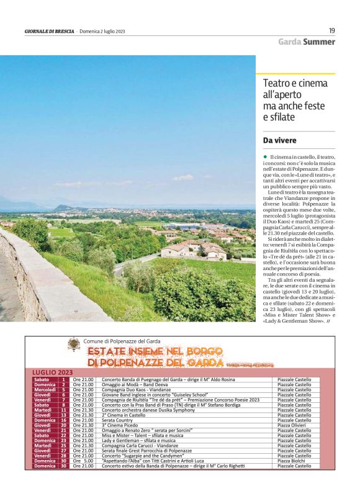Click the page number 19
332,30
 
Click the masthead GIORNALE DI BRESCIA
49,31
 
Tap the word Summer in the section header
319,42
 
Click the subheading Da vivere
281,140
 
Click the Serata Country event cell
118,420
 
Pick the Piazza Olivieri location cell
294,425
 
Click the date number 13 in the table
63,415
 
